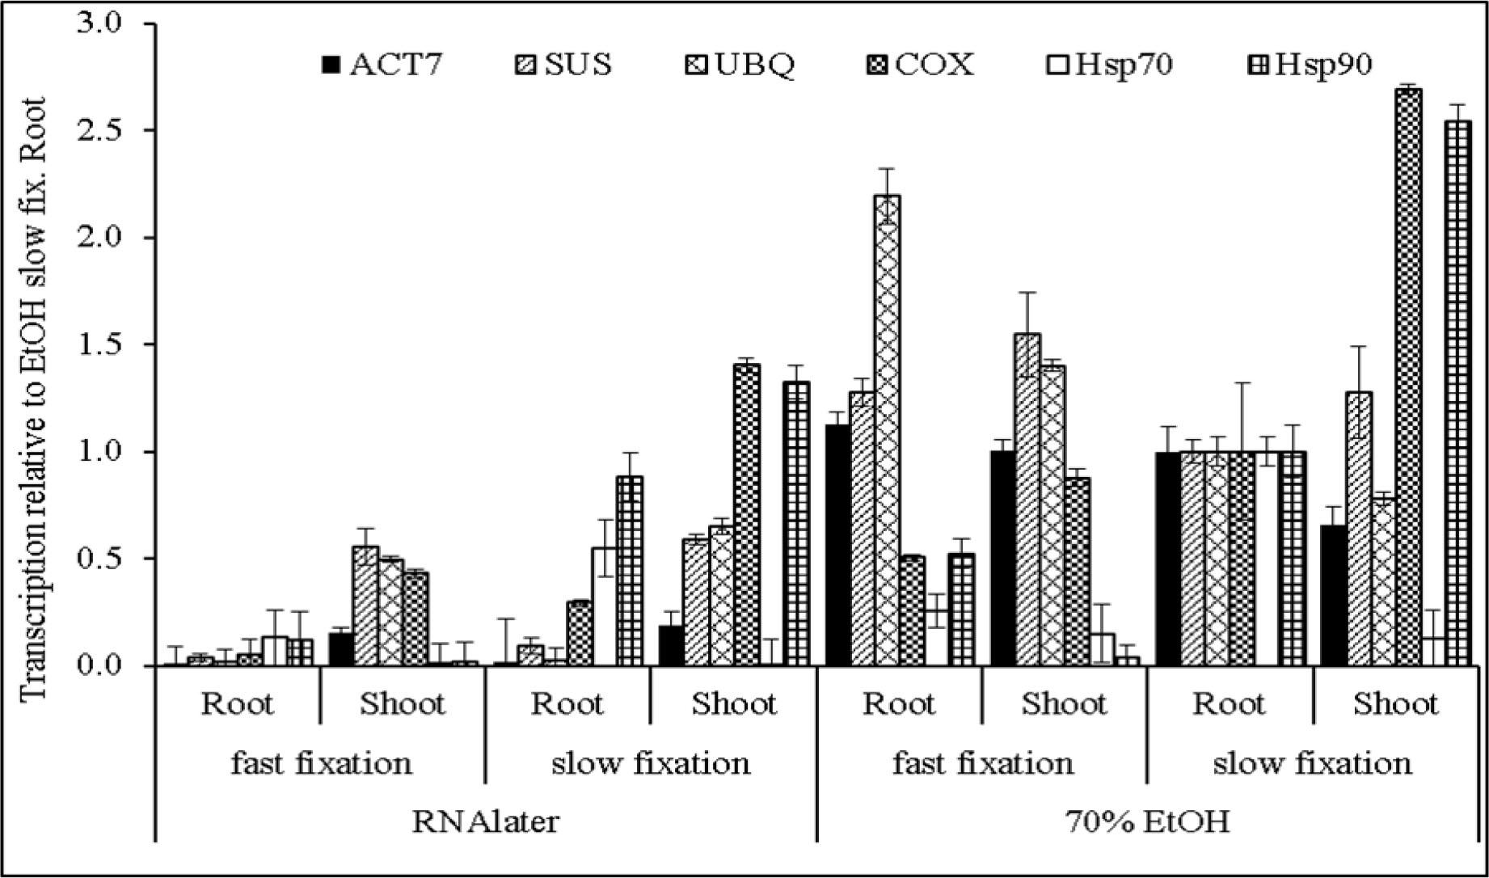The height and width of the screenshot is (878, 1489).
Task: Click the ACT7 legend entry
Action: (382, 64)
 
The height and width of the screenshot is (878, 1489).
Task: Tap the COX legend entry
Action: (921, 64)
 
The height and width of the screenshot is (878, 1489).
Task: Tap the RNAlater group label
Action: (485, 821)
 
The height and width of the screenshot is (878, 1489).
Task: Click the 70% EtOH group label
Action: (1147, 821)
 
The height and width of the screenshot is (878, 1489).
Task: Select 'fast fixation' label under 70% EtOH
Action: (982, 762)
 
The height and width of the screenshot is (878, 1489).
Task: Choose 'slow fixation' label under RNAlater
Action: (650, 762)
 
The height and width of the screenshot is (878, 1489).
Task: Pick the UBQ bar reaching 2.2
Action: (888, 430)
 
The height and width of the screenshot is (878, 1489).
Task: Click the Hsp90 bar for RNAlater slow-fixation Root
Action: (630, 571)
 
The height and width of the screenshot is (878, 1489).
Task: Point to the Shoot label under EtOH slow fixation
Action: (1395, 703)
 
